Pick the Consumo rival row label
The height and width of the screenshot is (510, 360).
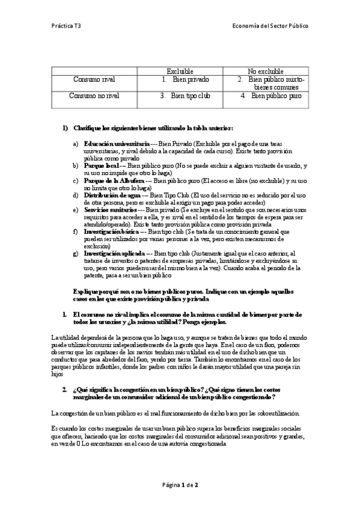(94, 79)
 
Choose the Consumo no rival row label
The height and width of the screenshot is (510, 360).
(94, 96)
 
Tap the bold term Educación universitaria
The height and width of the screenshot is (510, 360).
(117, 144)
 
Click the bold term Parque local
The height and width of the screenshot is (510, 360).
(101, 165)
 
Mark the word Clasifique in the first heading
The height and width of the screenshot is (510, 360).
(88, 128)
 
